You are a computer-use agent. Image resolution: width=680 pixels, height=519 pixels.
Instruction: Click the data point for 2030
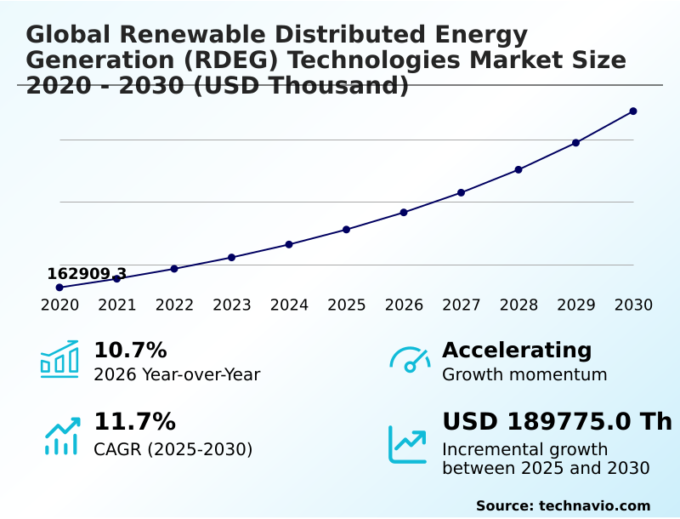(633, 111)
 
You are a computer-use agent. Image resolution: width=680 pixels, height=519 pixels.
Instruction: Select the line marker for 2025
(347, 230)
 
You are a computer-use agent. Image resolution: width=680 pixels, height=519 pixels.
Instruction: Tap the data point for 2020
(59, 288)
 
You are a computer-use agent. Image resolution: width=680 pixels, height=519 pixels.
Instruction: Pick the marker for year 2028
(518, 169)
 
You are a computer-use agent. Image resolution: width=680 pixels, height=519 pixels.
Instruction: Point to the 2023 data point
(231, 257)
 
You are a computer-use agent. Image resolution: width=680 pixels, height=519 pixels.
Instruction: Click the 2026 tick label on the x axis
(404, 305)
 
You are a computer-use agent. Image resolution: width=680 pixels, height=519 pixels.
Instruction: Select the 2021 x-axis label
(116, 305)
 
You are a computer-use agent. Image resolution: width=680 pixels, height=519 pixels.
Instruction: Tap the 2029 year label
(576, 305)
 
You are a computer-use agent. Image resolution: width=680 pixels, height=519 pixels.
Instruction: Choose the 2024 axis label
(289, 305)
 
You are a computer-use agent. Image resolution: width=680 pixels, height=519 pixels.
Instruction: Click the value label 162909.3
(87, 274)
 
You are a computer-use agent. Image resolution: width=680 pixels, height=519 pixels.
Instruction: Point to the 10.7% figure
(130, 351)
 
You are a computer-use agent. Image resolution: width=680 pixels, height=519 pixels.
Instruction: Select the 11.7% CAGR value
(134, 422)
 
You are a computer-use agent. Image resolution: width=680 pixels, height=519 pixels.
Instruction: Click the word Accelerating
(517, 351)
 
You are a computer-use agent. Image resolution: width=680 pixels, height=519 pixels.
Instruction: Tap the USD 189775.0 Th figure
(557, 422)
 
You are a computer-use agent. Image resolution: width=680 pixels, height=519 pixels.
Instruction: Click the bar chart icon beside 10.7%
(59, 359)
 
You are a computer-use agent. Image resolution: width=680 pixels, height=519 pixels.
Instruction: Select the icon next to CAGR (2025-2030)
(61, 436)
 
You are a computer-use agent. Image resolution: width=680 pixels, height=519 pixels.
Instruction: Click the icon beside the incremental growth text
(408, 443)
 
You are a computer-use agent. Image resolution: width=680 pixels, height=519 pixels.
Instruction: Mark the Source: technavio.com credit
(563, 505)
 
